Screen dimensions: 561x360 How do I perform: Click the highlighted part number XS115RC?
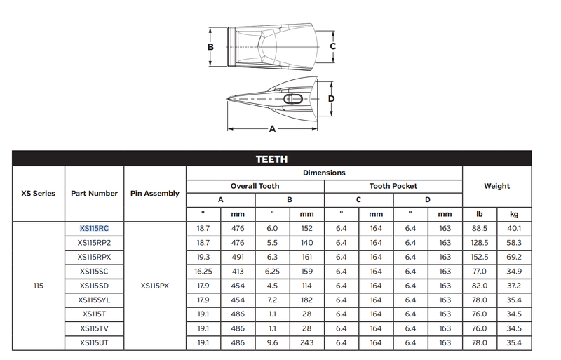[94, 229]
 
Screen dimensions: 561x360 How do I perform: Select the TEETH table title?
[271, 159]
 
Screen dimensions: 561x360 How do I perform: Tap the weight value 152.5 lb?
[480, 258]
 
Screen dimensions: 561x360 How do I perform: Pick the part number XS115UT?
[94, 342]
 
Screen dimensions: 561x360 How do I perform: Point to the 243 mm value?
[306, 342]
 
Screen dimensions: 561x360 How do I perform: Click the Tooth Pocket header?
[393, 186]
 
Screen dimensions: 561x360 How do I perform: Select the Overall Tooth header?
[255, 186]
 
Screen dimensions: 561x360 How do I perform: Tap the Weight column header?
[496, 186]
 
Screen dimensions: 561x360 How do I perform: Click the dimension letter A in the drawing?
[272, 128]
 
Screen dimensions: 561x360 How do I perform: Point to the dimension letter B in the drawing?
[211, 47]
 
